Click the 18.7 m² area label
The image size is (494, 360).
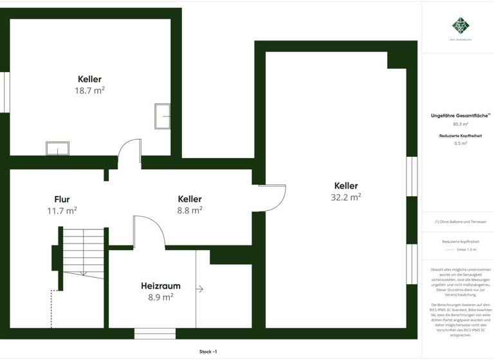(89, 91)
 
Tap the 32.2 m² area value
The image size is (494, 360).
(345, 197)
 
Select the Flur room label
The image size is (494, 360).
(62, 199)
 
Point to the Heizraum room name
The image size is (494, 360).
(160, 286)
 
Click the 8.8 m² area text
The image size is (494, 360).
(190, 210)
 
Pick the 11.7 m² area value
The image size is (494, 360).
(62, 210)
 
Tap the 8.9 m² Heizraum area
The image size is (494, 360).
(160, 297)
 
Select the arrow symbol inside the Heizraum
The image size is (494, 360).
(199, 289)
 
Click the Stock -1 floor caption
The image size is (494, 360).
(208, 352)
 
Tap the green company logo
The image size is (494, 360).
(459, 26)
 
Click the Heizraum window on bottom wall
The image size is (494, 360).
(154, 334)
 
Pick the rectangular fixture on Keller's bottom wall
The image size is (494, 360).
(57, 148)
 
